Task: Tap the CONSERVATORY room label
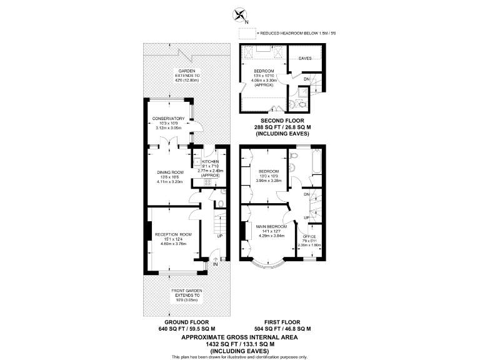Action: coord(168,119)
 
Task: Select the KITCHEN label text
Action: coord(211,161)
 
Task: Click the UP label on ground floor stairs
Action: coord(219,236)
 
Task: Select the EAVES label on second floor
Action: coord(305,59)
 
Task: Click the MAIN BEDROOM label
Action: coord(271,226)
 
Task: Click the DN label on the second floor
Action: coord(306,79)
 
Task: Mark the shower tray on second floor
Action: coord(302,94)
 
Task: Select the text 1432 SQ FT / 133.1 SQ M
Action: coord(239,344)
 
